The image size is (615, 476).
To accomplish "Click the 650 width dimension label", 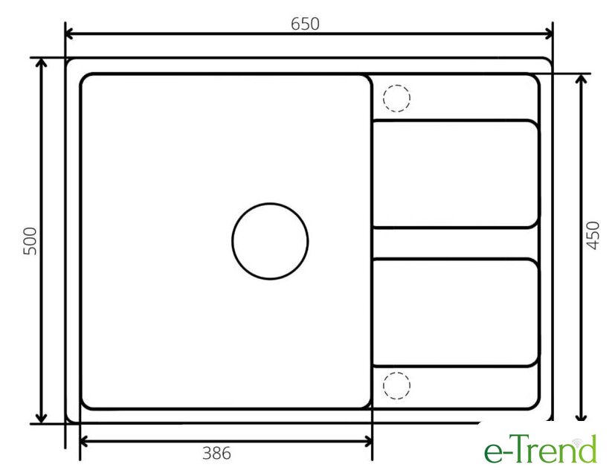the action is point(305,24).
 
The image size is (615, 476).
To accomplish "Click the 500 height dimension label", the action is point(30,241).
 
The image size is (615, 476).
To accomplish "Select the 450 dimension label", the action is point(593,236).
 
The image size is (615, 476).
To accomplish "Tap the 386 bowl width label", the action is point(216,453).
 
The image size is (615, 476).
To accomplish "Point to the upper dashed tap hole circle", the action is point(396,85).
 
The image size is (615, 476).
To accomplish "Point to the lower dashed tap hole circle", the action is point(396,373).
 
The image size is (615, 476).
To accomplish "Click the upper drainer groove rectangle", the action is point(455,121).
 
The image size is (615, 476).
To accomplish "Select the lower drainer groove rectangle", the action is point(455,260).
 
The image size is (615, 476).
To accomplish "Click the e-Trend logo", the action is point(540,449).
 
